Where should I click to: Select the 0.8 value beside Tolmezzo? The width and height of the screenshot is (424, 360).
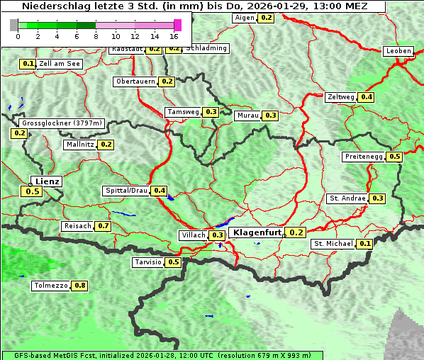(80, 286)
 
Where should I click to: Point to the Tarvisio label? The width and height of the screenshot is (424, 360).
(147, 262)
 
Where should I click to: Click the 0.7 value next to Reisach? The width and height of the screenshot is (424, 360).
(104, 226)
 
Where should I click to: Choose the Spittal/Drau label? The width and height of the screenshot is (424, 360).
(126, 191)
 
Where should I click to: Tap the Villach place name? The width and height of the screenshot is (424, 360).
(193, 235)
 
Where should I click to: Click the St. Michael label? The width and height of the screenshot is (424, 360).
(333, 244)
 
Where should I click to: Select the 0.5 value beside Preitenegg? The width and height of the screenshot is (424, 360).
(395, 157)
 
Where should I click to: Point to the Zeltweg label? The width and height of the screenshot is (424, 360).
(341, 97)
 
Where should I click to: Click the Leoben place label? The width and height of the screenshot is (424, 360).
(398, 51)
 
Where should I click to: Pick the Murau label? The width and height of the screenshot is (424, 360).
(247, 115)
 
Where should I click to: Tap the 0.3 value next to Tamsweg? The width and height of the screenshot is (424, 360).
(211, 112)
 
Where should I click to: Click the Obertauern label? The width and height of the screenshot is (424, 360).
(135, 81)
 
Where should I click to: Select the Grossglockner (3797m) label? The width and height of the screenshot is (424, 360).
(62, 123)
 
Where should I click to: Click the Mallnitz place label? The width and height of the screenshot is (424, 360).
(79, 145)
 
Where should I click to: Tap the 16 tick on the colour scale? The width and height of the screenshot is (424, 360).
(174, 36)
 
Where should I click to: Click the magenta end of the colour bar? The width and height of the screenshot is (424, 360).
(177, 25)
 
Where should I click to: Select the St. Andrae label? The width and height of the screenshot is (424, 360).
(347, 198)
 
